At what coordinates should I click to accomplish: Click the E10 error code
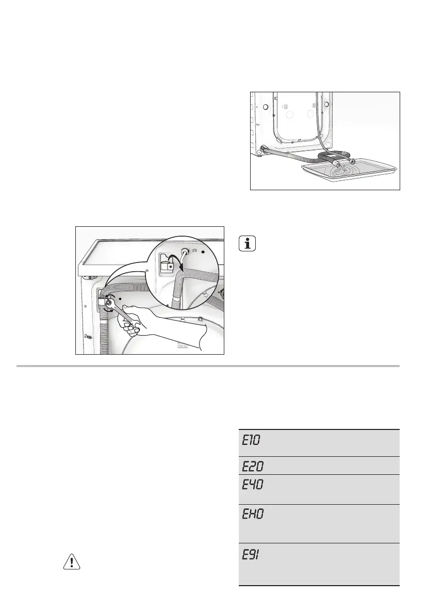[x=252, y=441]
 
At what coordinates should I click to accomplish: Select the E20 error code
[x=252, y=467]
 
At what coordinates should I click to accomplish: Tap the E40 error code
[x=252, y=485]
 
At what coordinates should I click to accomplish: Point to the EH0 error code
[x=252, y=515]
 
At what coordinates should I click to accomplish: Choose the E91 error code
[x=252, y=554]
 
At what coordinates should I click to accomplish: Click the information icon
[x=248, y=244]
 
